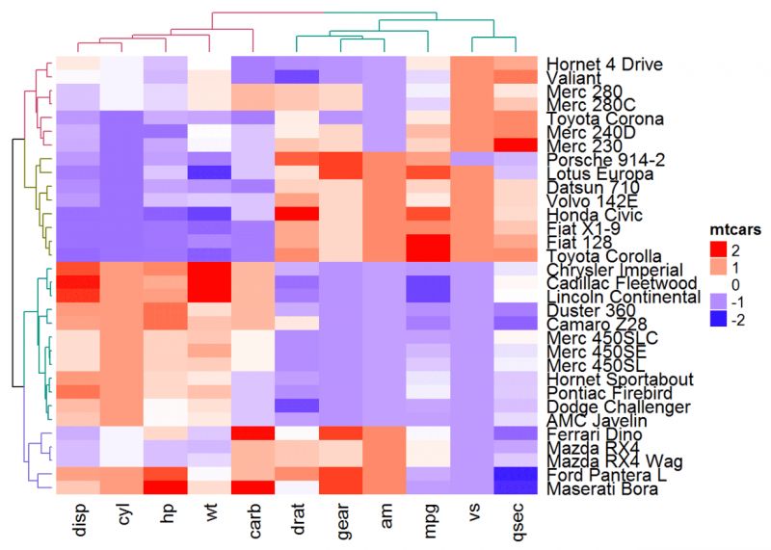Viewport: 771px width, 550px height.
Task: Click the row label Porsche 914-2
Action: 598,159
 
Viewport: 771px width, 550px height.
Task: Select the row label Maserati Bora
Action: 603,489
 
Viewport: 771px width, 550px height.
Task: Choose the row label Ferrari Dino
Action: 591,434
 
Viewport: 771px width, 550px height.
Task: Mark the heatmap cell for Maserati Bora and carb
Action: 253,489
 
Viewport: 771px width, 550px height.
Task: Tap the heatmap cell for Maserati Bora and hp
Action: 165,489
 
